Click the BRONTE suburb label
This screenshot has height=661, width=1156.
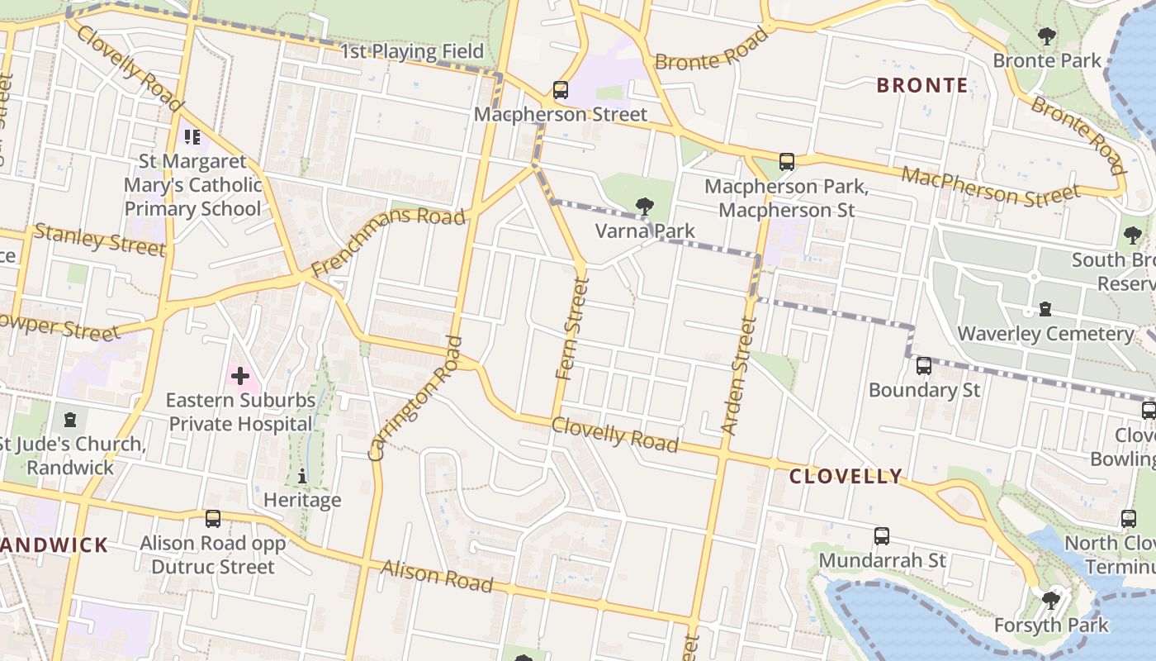coord(921,85)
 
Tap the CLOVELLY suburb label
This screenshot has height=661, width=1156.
coord(846,476)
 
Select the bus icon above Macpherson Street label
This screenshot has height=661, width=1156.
coord(561,90)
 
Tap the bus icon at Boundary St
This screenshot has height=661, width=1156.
coord(924,366)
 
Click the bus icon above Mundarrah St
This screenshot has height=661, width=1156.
coord(882,536)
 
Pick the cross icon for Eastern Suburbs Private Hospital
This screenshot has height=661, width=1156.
coord(240,377)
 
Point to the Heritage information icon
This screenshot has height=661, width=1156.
coord(302,476)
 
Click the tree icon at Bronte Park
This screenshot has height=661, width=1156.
coord(1047,36)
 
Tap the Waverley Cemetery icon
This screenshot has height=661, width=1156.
coord(1045,310)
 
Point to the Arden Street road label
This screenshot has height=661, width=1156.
coord(739,377)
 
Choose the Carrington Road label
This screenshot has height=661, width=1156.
coord(415,397)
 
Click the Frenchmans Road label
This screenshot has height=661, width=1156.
coord(388,243)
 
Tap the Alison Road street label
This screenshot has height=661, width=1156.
coord(437,576)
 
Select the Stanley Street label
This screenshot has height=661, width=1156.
coord(99,240)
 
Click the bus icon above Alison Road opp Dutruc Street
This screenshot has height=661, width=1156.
coord(213,519)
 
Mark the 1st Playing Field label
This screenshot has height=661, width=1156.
coord(412,51)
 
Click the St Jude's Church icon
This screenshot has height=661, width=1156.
coord(70,421)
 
